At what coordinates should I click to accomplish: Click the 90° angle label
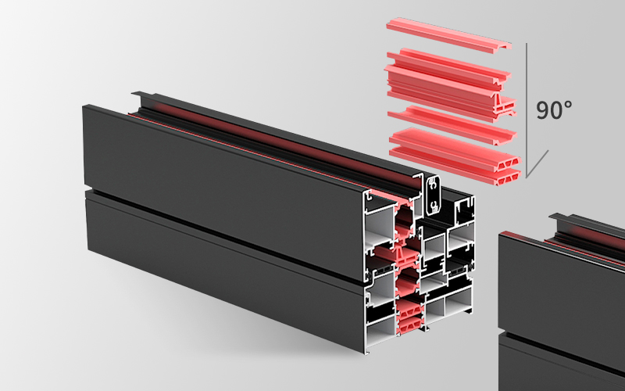coord(554,109)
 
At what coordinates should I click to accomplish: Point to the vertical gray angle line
coord(526,109)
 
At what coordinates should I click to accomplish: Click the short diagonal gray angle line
coord(537,163)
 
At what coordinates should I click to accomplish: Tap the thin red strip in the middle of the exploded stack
coord(452,124)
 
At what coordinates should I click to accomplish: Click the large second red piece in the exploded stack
coord(450,84)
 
